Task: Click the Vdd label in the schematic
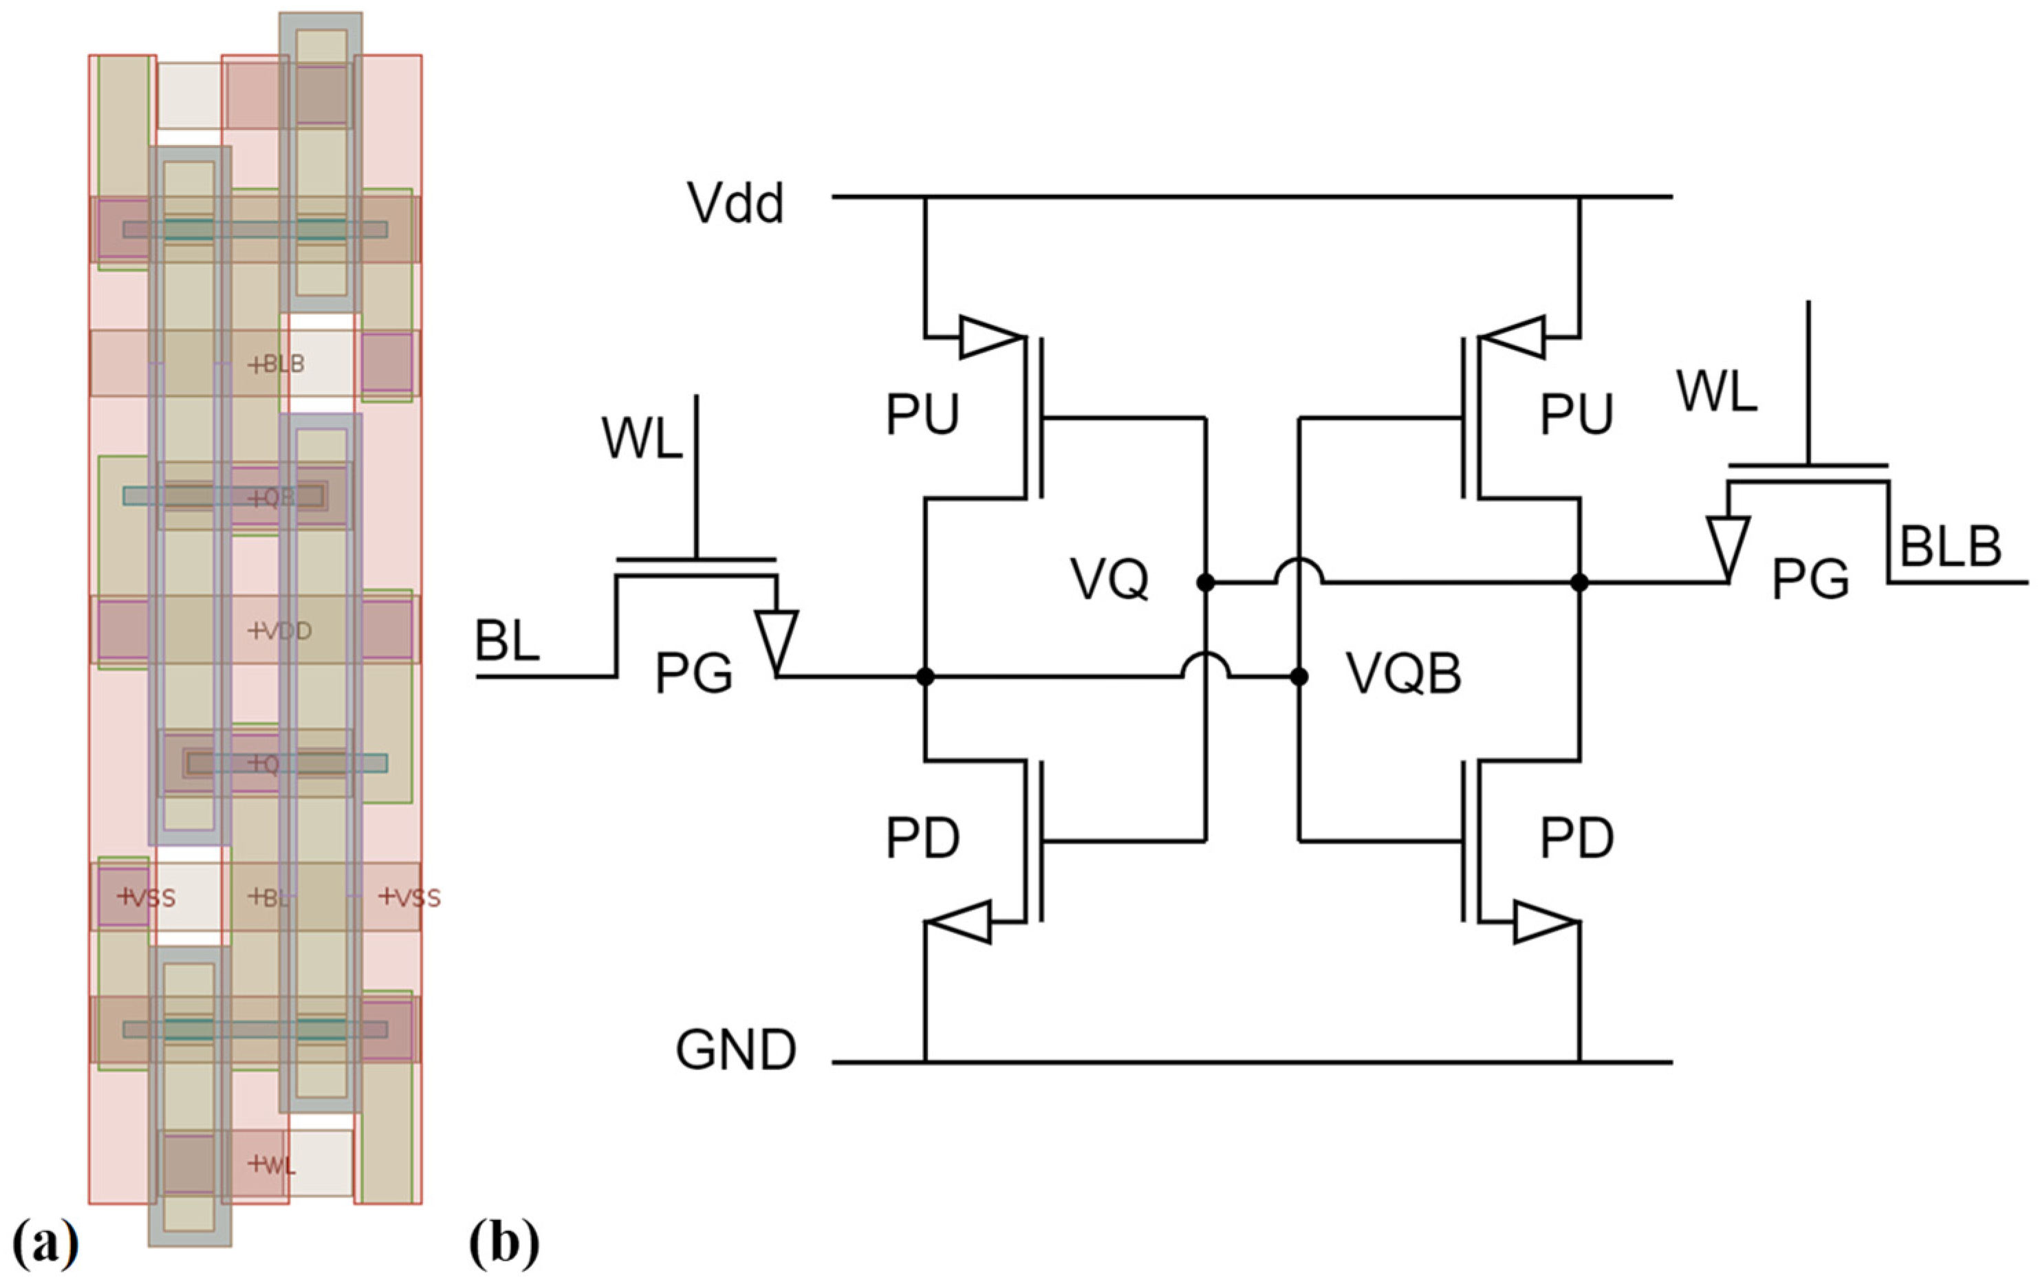[x=735, y=204]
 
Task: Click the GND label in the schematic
[x=735, y=1050]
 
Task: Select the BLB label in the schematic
[x=1950, y=547]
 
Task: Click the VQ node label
[x=1109, y=580]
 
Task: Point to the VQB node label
[x=1403, y=675]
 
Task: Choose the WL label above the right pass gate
[x=1716, y=393]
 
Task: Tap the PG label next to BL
[x=693, y=675]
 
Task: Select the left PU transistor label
[x=922, y=415]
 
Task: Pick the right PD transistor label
[x=1576, y=838]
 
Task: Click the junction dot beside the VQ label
[x=1205, y=582]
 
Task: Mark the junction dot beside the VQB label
[x=1299, y=677]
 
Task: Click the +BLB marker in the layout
[x=276, y=365]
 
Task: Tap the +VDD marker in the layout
[x=279, y=631]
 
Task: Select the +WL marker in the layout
[x=272, y=1165]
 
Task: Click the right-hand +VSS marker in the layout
[x=410, y=898]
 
